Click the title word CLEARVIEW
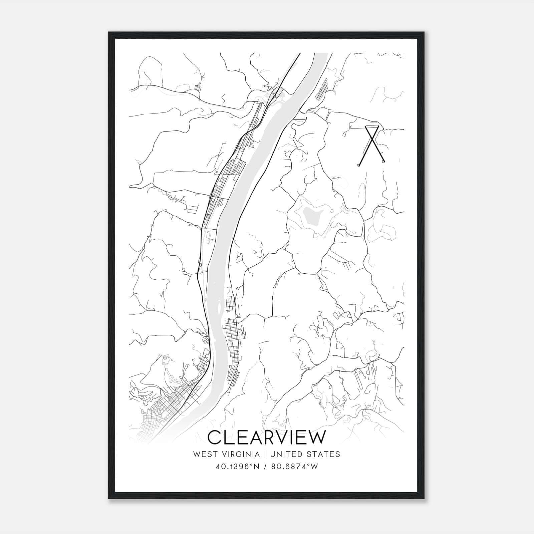(x=266, y=438)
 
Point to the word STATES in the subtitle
(x=324, y=454)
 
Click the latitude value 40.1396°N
(x=237, y=467)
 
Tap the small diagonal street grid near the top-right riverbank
(x=323, y=89)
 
